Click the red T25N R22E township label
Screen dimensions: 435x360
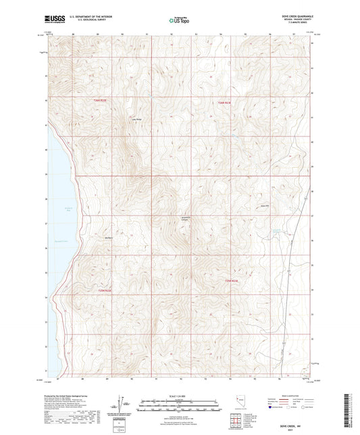tap(100, 290)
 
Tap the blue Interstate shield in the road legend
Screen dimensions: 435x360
tap(272, 407)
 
